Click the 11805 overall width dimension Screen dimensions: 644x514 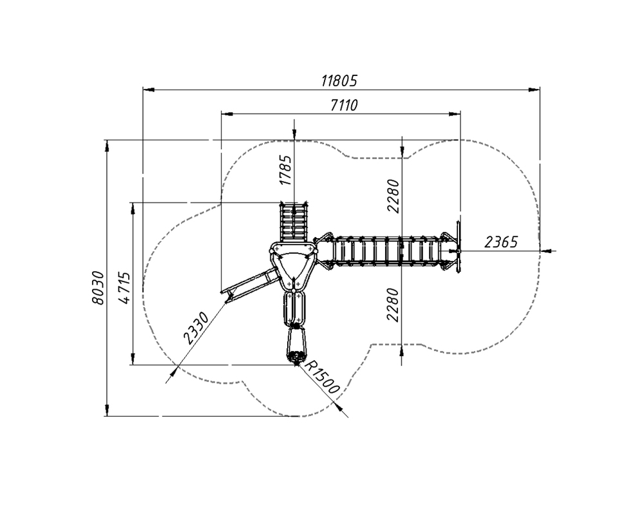[x=339, y=81]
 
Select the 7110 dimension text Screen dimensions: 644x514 [x=344, y=105]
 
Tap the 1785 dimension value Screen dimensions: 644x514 [x=285, y=170]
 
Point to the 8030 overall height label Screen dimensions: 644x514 [x=98, y=288]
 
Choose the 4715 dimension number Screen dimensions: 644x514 [x=124, y=287]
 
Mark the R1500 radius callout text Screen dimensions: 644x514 [x=323, y=377]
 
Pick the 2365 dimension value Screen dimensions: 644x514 [x=500, y=242]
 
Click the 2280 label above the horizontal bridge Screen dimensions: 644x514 [x=393, y=196]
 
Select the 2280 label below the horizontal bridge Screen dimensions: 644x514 [x=393, y=305]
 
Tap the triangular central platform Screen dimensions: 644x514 [x=293, y=265]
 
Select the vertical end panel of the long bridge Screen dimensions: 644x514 [x=457, y=251]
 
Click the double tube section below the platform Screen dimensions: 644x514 [x=294, y=308]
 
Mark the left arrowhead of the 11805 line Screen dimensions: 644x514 [x=148, y=89]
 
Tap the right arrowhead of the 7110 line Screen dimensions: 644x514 [x=455, y=113]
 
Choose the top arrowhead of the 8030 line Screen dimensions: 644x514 [x=107, y=146]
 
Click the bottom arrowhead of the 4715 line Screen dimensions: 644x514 [x=133, y=359]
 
